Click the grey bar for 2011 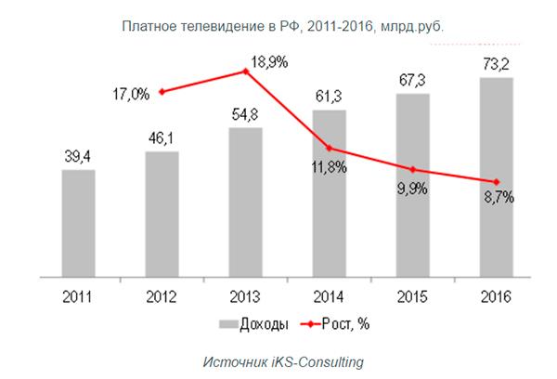click(79, 223)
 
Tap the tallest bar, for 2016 click(496, 176)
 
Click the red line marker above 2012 click(162, 91)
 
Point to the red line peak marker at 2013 click(246, 72)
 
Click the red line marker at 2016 click(496, 181)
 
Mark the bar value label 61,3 click(330, 97)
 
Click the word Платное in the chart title click(148, 24)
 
